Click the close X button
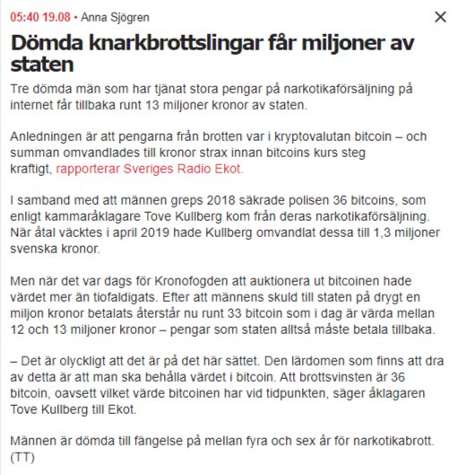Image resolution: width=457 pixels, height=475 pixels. click(x=439, y=17)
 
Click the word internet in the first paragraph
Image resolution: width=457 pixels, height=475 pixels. click(x=33, y=106)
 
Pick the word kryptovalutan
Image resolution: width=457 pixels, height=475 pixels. click(x=268, y=136)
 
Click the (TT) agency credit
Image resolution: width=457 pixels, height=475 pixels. click(x=22, y=456)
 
